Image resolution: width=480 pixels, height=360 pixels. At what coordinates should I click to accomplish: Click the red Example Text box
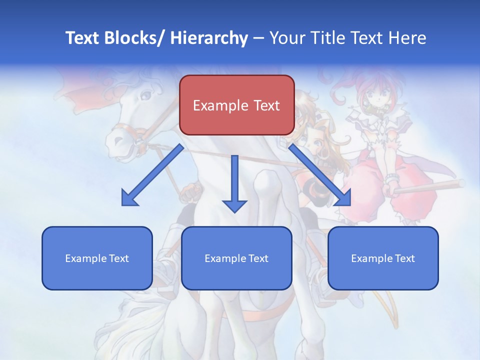(x=236, y=105)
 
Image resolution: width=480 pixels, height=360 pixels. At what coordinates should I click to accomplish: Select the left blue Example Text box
(x=97, y=258)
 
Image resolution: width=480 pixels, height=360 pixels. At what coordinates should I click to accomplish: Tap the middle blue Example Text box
(x=236, y=258)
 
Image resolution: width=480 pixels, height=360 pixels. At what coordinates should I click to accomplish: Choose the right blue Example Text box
(x=383, y=258)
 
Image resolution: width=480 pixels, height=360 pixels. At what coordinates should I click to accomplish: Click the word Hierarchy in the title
(x=209, y=38)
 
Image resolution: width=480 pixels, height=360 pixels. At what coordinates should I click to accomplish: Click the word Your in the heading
(x=286, y=38)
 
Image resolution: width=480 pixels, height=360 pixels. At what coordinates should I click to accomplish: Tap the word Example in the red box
(x=220, y=105)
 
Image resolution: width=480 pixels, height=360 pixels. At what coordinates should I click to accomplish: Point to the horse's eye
(x=145, y=94)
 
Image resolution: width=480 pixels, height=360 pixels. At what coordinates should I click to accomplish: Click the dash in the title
(x=258, y=38)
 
